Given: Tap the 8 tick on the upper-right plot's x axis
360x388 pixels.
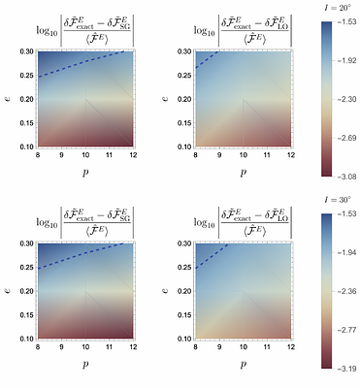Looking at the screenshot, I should pos(196,155).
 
